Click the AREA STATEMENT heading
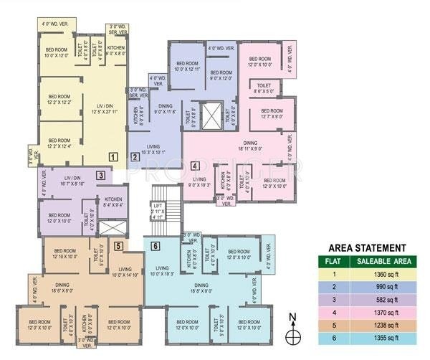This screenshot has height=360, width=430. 366,247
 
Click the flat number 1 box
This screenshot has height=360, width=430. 113,156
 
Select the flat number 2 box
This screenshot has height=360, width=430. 134,156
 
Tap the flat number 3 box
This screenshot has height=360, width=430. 102,175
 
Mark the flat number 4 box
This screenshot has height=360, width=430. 195,167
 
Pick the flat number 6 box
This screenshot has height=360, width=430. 156,247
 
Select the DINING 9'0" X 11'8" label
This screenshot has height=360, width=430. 162,109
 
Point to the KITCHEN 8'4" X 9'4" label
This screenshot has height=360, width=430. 113,202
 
